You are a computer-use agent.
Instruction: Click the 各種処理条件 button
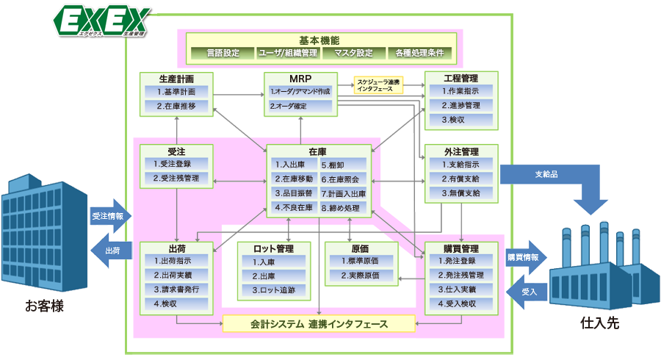tap(419, 53)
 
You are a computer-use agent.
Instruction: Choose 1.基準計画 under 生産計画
tap(176, 92)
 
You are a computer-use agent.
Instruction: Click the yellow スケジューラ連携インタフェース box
tap(378, 85)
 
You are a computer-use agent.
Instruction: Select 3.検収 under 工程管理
tap(461, 119)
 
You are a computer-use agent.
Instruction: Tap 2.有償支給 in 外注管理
tap(461, 179)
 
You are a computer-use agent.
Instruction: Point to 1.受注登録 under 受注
tap(176, 164)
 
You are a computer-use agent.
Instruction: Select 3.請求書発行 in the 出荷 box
tap(176, 289)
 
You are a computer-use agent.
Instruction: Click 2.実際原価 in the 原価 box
tap(359, 276)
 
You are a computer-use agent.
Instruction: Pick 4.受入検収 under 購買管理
tap(461, 303)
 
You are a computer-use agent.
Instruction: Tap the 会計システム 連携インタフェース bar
tap(318, 323)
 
